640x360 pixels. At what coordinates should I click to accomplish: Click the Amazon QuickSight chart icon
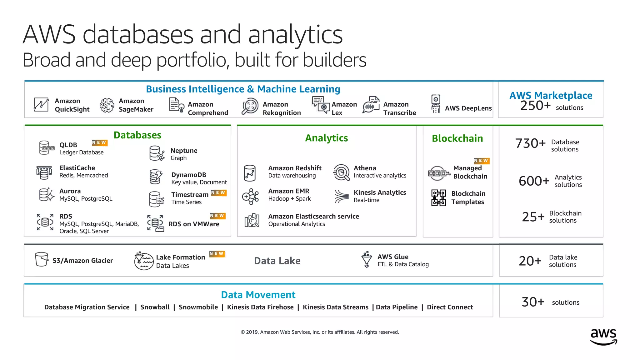click(x=41, y=105)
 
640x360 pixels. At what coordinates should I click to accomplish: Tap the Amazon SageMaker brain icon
click(x=107, y=105)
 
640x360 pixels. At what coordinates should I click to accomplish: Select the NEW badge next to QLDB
click(x=99, y=142)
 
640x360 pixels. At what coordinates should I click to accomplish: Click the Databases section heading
click(x=137, y=135)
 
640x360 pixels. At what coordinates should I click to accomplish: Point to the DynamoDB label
click(x=189, y=175)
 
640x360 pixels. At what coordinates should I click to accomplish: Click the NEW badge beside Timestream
click(x=218, y=192)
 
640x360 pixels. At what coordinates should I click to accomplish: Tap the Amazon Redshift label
click(x=295, y=168)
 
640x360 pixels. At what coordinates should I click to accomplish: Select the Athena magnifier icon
click(x=341, y=172)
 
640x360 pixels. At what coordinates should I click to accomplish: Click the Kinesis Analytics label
click(x=380, y=192)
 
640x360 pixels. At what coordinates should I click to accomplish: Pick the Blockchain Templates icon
click(x=438, y=197)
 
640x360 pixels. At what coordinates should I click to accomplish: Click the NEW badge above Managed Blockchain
click(x=481, y=161)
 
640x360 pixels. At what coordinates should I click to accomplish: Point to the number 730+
click(x=530, y=143)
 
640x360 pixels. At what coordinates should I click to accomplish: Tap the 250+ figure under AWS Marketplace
click(x=535, y=106)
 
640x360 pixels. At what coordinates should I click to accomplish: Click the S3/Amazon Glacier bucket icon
click(x=42, y=259)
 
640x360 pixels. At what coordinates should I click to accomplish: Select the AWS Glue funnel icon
click(x=367, y=259)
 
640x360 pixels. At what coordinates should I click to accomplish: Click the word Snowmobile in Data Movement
click(x=198, y=307)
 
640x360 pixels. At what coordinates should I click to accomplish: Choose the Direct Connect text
click(x=450, y=307)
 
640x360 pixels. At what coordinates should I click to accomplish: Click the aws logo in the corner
click(x=603, y=337)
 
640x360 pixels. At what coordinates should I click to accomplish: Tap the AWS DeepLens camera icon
click(x=436, y=104)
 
